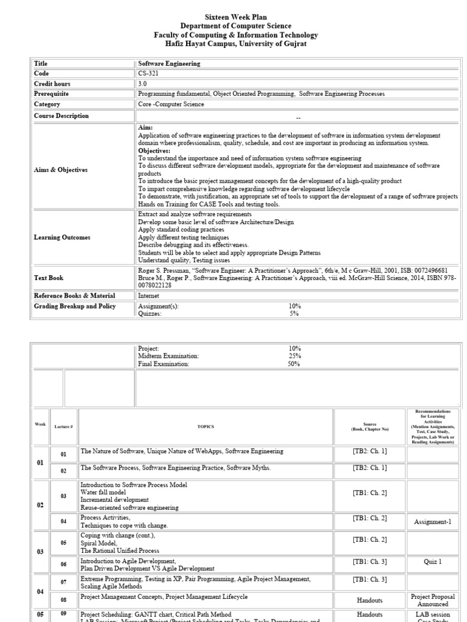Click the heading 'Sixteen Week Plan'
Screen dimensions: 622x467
(x=233, y=18)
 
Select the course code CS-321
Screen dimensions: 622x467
(x=148, y=73)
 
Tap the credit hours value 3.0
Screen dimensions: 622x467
(x=143, y=84)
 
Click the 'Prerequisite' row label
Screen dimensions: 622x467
(x=51, y=94)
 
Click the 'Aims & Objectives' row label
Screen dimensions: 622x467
(x=61, y=170)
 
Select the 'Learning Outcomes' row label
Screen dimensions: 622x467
(x=62, y=238)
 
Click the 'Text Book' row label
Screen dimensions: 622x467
(x=49, y=278)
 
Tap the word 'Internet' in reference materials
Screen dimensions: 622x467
(x=150, y=295)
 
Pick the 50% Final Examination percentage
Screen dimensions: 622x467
(x=294, y=364)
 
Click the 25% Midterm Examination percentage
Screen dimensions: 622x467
(x=294, y=356)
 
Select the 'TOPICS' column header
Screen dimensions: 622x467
(x=206, y=427)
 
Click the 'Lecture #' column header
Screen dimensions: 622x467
(x=64, y=427)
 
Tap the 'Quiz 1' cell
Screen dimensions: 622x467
(x=433, y=562)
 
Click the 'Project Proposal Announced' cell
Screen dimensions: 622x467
(x=433, y=600)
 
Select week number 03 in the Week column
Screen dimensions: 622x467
(x=40, y=552)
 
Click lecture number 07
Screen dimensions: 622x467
(x=64, y=581)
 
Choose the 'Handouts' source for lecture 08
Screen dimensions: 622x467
(x=369, y=600)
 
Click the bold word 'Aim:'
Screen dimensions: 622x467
(x=145, y=128)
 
